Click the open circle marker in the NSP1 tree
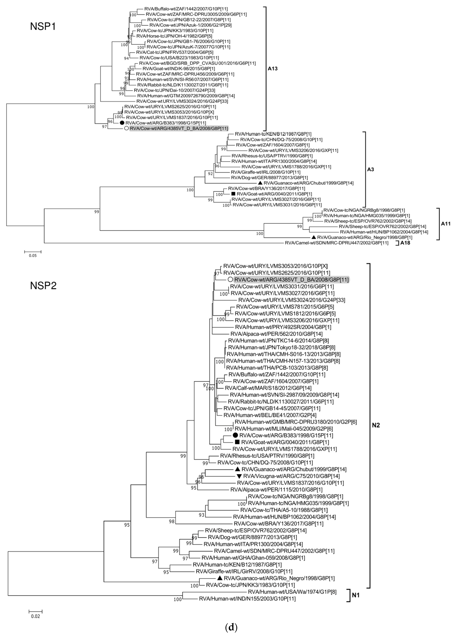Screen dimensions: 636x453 tap(126, 128)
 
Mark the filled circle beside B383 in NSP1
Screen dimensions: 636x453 tap(122, 123)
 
